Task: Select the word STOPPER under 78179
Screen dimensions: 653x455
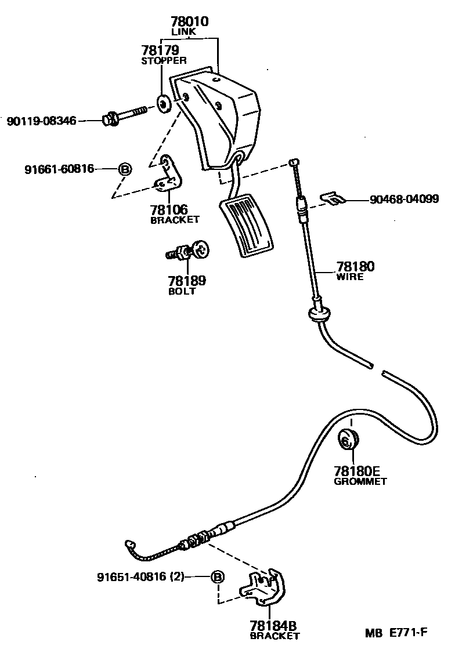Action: point(164,60)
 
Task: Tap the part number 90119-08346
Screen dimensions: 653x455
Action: point(41,121)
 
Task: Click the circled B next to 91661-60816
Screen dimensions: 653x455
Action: point(124,169)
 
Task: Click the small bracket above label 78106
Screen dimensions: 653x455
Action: point(169,175)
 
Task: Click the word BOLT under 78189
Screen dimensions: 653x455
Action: point(182,291)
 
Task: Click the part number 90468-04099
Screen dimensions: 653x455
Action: point(405,199)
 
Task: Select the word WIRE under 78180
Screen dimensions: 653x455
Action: point(350,277)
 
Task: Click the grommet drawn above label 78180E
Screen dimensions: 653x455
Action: point(348,440)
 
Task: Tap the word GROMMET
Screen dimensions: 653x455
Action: point(360,481)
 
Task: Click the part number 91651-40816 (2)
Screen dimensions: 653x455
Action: point(140,577)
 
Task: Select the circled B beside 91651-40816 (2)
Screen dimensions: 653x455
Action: point(217,577)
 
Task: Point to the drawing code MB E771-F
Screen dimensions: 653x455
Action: point(396,633)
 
